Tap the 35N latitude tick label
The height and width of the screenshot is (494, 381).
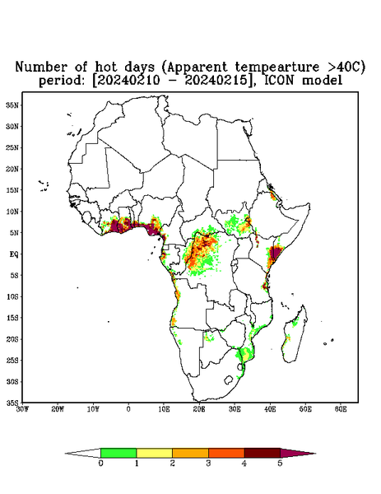[x=12, y=105]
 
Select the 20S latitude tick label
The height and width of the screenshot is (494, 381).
[x=12, y=339]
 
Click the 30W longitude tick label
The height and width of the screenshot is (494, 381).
[x=22, y=409]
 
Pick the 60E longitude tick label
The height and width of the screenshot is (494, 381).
[x=341, y=409]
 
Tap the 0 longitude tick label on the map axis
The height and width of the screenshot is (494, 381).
[x=128, y=409]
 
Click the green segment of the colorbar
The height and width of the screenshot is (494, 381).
[x=118, y=453]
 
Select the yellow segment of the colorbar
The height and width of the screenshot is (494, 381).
[x=154, y=453]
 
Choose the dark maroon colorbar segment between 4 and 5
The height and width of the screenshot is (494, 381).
[x=263, y=453]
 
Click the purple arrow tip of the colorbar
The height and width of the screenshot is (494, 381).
[x=298, y=454]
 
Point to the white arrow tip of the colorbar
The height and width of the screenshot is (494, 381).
[x=83, y=454]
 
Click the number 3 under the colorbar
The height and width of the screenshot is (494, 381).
[x=208, y=464]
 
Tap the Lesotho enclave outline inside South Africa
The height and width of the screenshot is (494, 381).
[x=229, y=380]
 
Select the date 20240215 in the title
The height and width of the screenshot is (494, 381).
[x=216, y=80]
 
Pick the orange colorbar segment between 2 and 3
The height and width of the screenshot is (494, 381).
[x=190, y=453]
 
